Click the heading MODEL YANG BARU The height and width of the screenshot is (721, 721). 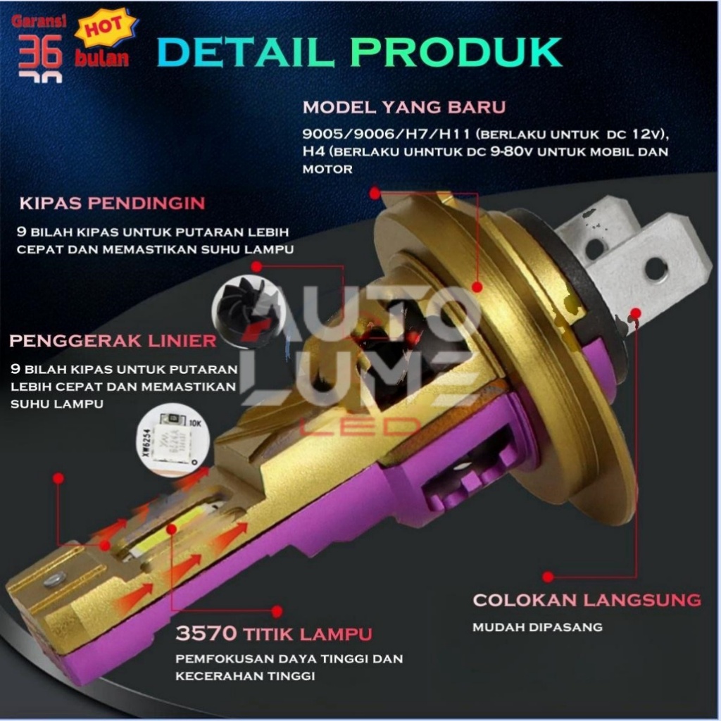point(403,108)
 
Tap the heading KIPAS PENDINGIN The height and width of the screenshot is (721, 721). point(112,203)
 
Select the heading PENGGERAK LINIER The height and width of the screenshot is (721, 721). point(113,341)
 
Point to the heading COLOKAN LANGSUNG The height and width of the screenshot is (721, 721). point(587,600)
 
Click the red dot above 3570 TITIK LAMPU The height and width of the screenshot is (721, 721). point(277,611)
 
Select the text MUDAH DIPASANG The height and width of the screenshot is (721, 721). point(537,627)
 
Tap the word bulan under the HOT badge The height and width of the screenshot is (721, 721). point(102,58)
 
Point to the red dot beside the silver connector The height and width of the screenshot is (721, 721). point(637,313)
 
